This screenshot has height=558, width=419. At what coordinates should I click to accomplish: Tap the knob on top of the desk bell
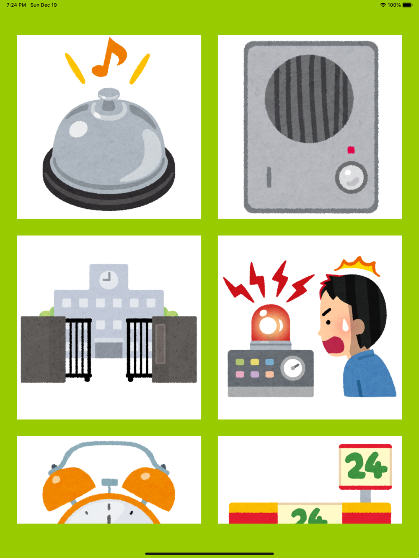point(109,98)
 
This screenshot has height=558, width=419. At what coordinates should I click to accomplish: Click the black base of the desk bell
point(109,188)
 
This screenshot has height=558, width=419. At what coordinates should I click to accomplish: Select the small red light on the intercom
point(351,150)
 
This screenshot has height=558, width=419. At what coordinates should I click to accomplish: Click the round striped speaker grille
point(309,99)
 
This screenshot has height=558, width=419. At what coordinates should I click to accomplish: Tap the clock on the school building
point(109,279)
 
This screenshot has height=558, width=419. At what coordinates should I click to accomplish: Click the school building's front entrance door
point(109,350)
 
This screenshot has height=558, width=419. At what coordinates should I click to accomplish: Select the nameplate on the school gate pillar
point(160,344)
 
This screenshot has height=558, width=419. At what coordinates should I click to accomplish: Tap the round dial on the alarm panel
point(293,368)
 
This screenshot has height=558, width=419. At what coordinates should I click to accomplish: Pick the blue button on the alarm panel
point(269,362)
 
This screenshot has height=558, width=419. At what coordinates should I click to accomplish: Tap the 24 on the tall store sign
point(366,466)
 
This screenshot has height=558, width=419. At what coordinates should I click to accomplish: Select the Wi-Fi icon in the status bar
point(383,5)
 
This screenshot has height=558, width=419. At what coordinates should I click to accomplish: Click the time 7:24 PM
point(16,5)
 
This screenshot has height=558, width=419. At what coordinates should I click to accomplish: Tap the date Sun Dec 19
point(44,5)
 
